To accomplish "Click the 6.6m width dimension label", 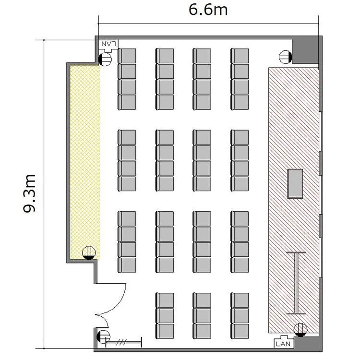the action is point(208,10).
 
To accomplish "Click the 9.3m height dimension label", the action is point(30,193).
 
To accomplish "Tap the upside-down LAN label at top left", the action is point(108,43).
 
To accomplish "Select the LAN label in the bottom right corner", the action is point(283,344).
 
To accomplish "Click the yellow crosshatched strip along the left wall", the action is point(84,162).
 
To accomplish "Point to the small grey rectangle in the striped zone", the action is point(295,183).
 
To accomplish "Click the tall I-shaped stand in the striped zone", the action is point(296,283).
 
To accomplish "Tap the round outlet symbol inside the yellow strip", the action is point(89,253).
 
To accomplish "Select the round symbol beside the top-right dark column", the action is point(286,57).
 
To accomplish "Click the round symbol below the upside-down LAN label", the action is point(105,59).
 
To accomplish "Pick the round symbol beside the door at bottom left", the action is point(103,336).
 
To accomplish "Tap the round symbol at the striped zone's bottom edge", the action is point(300,330).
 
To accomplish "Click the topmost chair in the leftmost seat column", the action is point(127,56).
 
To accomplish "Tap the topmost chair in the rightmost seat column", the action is point(240,56).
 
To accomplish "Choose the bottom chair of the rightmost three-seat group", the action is point(240,331).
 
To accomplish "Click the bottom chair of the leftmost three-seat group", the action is point(164,331).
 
